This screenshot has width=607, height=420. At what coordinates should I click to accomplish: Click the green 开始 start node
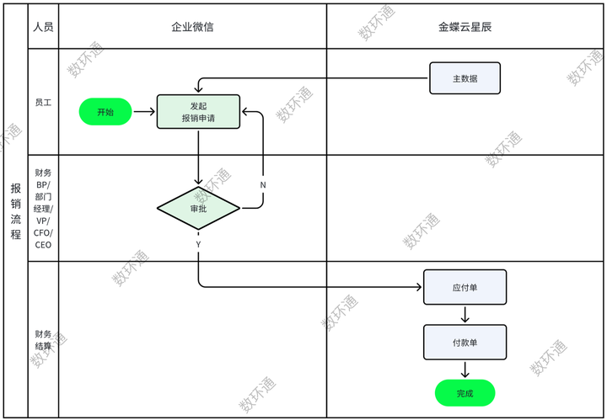pyautogui.click(x=105, y=112)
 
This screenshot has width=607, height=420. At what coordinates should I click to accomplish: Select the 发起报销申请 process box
pyautogui.click(x=198, y=112)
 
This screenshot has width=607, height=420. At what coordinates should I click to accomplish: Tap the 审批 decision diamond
pyautogui.click(x=198, y=208)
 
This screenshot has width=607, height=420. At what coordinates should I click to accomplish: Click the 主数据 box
pyautogui.click(x=465, y=78)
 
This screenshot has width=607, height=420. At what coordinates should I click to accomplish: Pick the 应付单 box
pyautogui.click(x=465, y=287)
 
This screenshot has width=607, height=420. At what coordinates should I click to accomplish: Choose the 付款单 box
pyautogui.click(x=465, y=343)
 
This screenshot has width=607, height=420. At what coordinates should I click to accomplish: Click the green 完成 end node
pyautogui.click(x=465, y=393)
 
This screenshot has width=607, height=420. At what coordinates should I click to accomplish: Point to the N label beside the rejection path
pyautogui.click(x=263, y=184)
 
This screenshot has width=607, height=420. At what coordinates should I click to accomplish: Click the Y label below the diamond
pyautogui.click(x=198, y=243)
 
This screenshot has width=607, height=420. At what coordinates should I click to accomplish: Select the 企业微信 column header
pyautogui.click(x=192, y=27)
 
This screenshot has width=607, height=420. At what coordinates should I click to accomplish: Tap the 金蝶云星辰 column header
pyautogui.click(x=465, y=27)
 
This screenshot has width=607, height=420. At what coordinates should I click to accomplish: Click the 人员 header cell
pyautogui.click(x=43, y=27)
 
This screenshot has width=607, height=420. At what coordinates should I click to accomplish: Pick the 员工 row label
pyautogui.click(x=43, y=102)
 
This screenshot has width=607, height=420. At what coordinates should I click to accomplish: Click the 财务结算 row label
pyautogui.click(x=43, y=340)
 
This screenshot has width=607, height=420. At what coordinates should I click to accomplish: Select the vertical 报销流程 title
pyautogui.click(x=15, y=210)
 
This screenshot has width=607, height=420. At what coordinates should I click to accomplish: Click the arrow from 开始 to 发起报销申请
pyautogui.click(x=144, y=112)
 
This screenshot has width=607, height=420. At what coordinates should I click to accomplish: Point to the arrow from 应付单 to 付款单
pyautogui.click(x=465, y=315)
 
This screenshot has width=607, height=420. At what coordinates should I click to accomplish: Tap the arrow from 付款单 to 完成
pyautogui.click(x=465, y=369)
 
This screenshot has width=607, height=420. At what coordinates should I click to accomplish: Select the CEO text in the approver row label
pyautogui.click(x=43, y=245)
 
